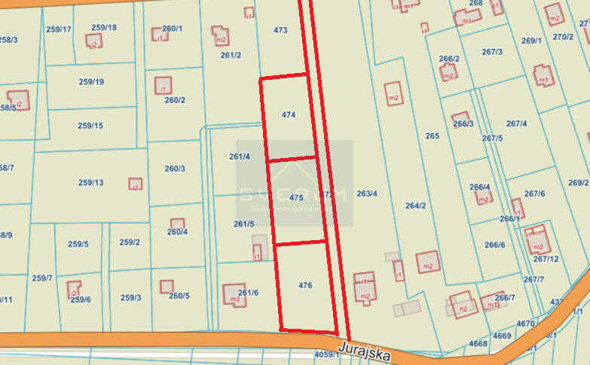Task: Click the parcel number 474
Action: click(x=288, y=115)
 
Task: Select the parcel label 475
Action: click(x=296, y=197)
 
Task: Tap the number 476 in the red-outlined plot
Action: click(x=305, y=285)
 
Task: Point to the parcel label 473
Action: click(x=280, y=31)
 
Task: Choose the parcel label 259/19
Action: click(x=90, y=82)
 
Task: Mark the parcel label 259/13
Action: click(x=90, y=182)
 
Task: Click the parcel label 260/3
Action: click(x=174, y=169)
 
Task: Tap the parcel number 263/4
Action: click(x=367, y=193)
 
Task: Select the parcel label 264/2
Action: click(x=415, y=205)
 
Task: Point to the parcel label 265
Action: click(x=432, y=136)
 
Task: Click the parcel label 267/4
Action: click(x=516, y=124)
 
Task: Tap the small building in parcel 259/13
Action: click(x=136, y=184)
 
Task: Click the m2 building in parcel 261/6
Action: click(x=234, y=295)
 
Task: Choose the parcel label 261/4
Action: click(x=239, y=157)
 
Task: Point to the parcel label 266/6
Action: click(x=494, y=245)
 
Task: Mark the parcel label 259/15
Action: click(x=90, y=126)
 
